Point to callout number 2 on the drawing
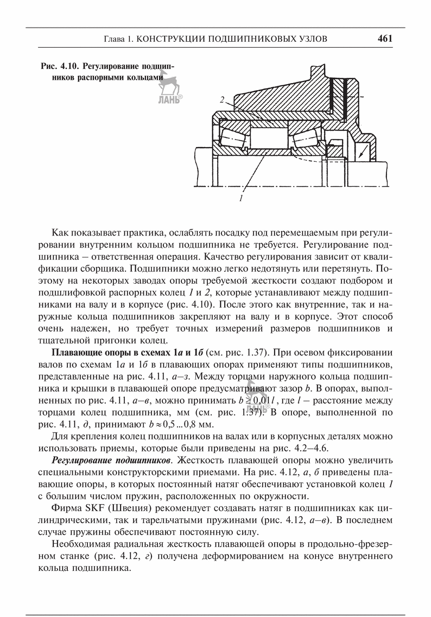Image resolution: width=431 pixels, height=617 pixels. tap(223, 100)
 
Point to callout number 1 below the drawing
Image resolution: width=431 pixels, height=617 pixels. tap(239, 198)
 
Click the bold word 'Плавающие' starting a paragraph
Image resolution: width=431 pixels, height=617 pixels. tap(78, 354)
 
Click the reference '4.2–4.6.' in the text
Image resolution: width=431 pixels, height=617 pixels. tap(311, 448)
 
